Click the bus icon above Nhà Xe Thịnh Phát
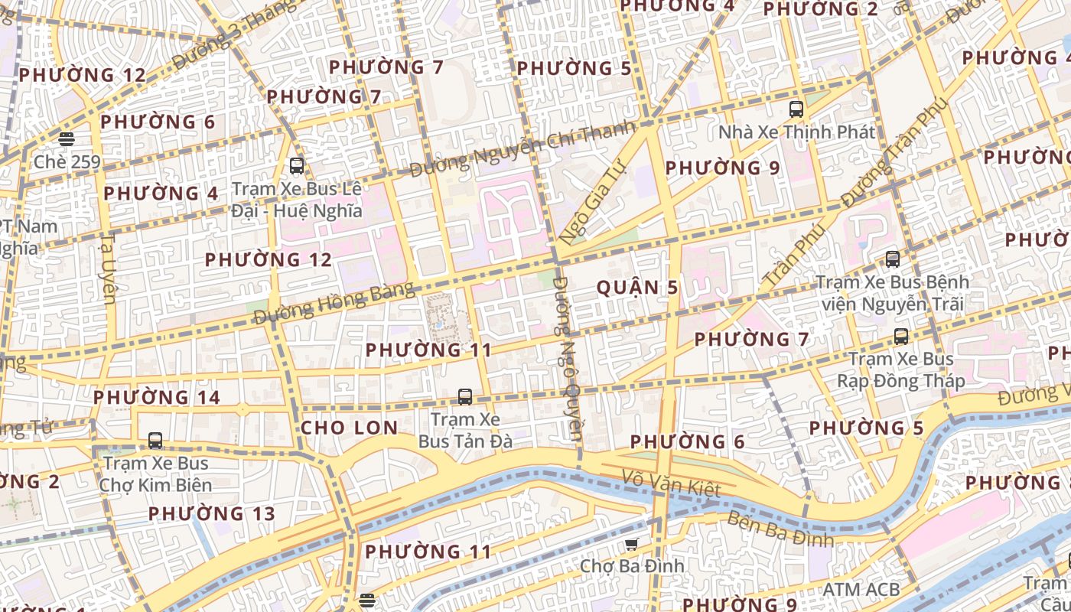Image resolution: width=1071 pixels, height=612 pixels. (x=796, y=109)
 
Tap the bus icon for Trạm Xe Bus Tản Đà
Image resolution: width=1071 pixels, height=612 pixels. (x=464, y=396)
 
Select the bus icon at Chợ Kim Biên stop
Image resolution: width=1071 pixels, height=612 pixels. (x=155, y=441)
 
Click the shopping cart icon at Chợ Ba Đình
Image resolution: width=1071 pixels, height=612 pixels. (x=631, y=544)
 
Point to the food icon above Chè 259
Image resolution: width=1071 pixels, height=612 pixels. (x=67, y=139)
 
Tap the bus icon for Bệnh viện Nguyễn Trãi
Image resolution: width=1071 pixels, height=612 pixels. (x=892, y=259)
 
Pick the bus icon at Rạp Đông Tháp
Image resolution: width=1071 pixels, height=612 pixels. (x=901, y=336)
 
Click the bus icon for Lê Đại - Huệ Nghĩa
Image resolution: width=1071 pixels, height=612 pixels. (x=297, y=165)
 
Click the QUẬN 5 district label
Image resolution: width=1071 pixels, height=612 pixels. (x=637, y=288)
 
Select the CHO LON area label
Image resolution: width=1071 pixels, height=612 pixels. (x=349, y=428)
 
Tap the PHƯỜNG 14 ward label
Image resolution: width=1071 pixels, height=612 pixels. (x=157, y=397)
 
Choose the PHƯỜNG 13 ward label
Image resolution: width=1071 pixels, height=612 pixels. (x=211, y=513)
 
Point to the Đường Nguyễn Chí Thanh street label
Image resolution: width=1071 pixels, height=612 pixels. (x=522, y=148)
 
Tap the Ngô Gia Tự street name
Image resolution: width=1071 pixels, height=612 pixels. (x=593, y=202)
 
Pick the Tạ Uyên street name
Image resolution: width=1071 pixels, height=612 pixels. (x=108, y=268)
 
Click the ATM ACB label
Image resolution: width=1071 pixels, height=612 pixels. (x=861, y=589)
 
